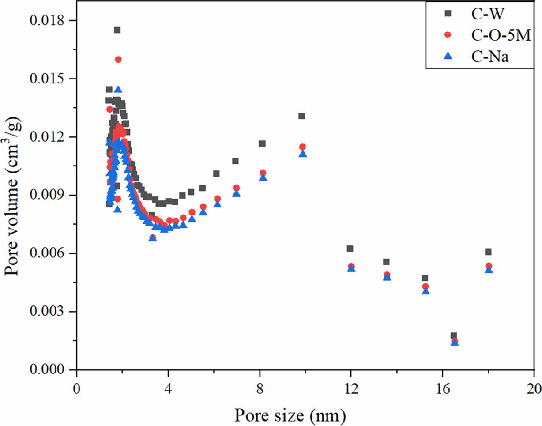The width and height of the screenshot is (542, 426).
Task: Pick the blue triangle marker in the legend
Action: point(448,56)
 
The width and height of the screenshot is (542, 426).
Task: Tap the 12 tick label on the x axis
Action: point(351,388)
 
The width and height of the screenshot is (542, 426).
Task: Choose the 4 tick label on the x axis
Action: point(168,388)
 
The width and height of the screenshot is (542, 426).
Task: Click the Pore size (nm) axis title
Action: point(290,415)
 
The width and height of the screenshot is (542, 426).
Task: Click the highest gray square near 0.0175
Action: point(117,30)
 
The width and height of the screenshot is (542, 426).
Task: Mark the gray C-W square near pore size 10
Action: point(301,116)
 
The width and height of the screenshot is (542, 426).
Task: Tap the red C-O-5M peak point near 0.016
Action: point(118,60)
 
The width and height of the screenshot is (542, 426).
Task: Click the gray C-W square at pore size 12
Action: point(350,249)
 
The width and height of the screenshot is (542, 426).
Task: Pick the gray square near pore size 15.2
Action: point(425,278)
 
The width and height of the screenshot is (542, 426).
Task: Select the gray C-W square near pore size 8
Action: point(262,143)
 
